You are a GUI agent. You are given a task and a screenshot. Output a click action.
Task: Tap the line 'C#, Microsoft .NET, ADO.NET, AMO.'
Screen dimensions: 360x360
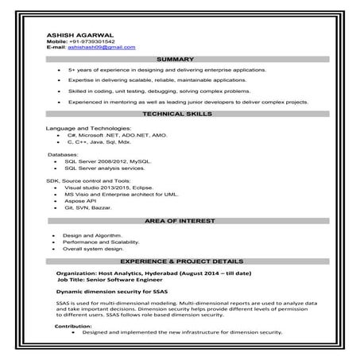[118, 136]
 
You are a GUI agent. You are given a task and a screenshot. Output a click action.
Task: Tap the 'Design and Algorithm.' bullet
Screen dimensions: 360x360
[91, 235]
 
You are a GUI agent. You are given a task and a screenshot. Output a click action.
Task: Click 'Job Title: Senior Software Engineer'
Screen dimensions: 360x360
[115, 280]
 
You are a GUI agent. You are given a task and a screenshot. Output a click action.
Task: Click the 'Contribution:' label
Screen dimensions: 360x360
[74, 327]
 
